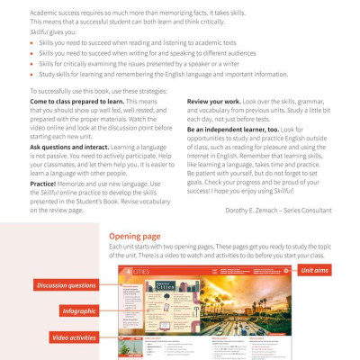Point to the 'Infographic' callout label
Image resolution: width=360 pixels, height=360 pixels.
[x=80, y=310]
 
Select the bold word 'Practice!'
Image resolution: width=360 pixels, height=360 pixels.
[x=43, y=181]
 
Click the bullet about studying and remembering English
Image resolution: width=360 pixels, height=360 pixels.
[x=154, y=74]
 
